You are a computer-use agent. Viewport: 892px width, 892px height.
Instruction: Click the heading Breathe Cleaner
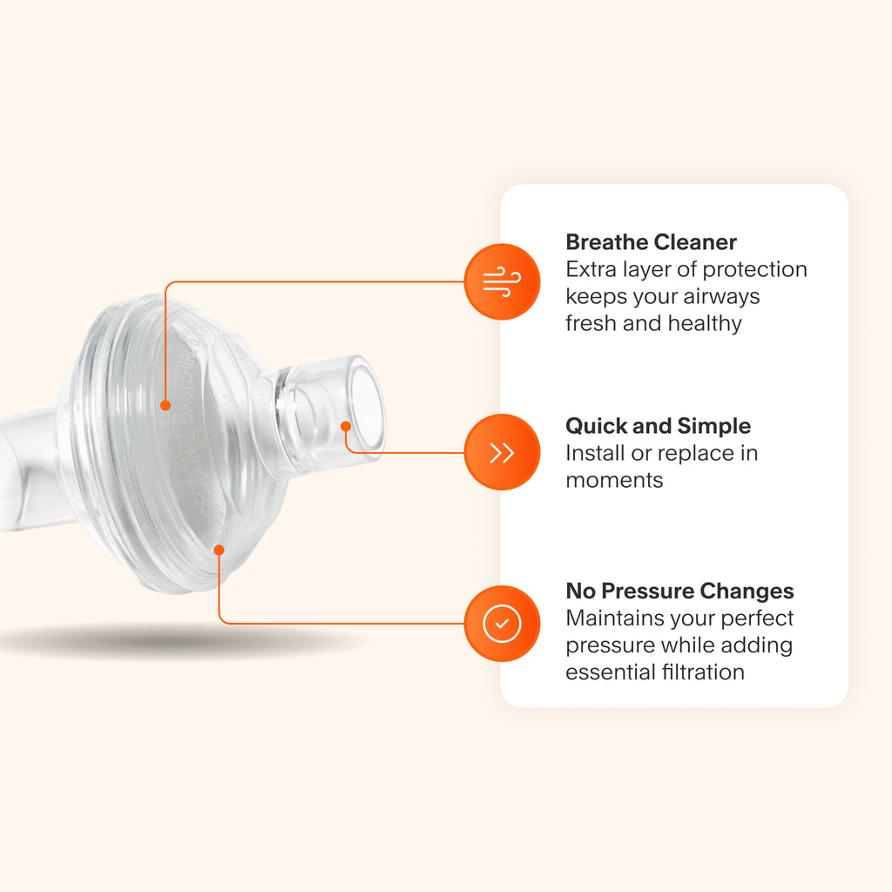tap(651, 242)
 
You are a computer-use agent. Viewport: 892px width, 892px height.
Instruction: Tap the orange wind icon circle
tap(502, 282)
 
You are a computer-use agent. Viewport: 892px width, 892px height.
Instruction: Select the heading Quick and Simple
tap(658, 426)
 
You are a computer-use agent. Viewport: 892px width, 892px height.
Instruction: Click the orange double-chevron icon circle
tap(502, 452)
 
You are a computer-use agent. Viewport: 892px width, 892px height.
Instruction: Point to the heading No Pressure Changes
tap(679, 591)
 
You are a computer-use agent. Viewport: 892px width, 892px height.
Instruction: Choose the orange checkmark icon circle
tap(502, 624)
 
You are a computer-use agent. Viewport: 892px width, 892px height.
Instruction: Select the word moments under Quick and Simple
tap(614, 480)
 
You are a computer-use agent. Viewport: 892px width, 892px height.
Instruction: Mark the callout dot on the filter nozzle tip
tap(346, 426)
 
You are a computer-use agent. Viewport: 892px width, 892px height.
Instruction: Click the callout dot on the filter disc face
tap(165, 404)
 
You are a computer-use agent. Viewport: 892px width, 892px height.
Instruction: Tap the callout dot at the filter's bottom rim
tap(220, 550)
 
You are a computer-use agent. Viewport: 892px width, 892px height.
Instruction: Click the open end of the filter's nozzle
tap(366, 405)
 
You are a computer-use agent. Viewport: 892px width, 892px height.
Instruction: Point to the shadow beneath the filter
tap(174, 643)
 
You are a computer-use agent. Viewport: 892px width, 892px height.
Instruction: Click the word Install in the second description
tap(592, 453)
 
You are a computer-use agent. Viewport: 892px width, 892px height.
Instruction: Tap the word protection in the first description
tap(753, 269)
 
